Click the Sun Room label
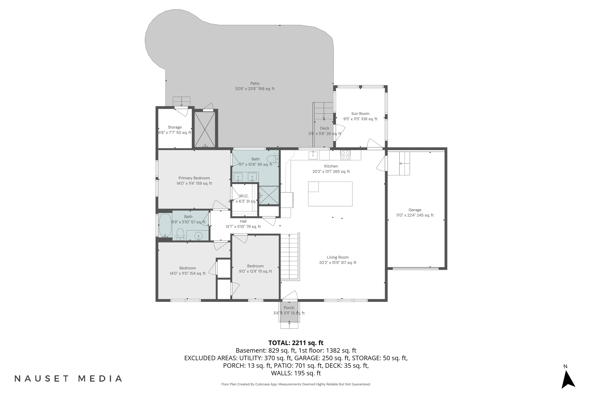tap(360, 114)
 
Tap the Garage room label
tap(415, 210)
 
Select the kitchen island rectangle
tap(330, 194)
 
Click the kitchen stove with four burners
tap(345, 155)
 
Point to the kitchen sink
tap(313, 155)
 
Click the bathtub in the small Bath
tap(165, 225)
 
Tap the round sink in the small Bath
tap(199, 236)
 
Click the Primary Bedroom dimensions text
tap(194, 183)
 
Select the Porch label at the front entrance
tap(289, 308)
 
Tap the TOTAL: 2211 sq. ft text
tap(296, 343)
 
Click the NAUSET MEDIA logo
tap(69, 379)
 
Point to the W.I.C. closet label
tap(244, 196)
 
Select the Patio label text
tap(255, 84)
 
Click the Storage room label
tap(175, 127)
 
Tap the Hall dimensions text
tap(243, 227)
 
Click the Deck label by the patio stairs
tap(325, 128)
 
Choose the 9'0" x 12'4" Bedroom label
tap(255, 266)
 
